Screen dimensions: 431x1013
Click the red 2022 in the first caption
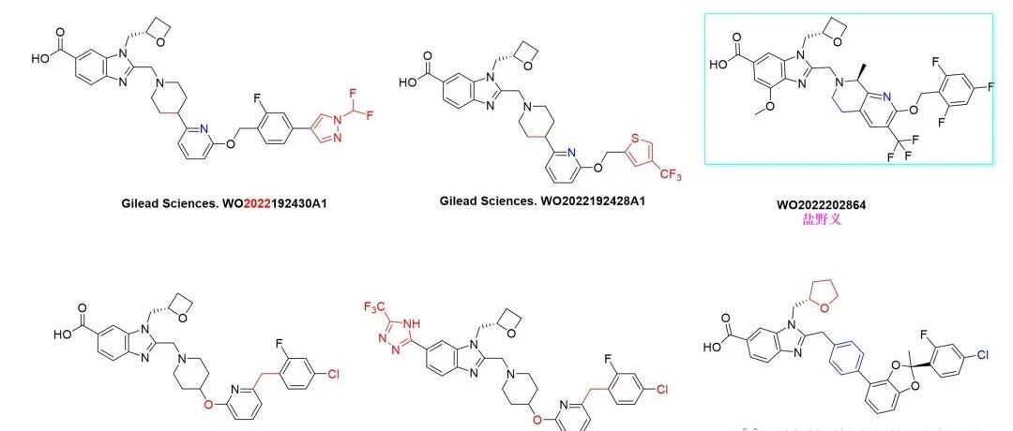[258, 201]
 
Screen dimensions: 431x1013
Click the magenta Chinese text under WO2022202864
[821, 220]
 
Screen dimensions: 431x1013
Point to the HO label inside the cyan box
[720, 66]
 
